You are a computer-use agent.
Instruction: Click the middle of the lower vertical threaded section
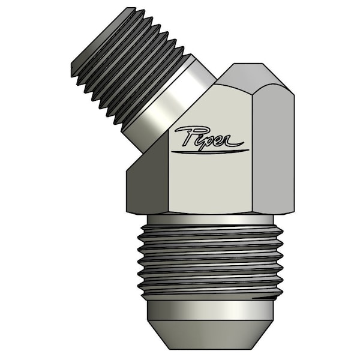pyautogui.click(x=210, y=261)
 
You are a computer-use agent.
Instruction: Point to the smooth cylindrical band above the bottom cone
pyautogui.click(x=210, y=310)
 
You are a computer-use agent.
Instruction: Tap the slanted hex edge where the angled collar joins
pyautogui.click(x=174, y=129)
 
